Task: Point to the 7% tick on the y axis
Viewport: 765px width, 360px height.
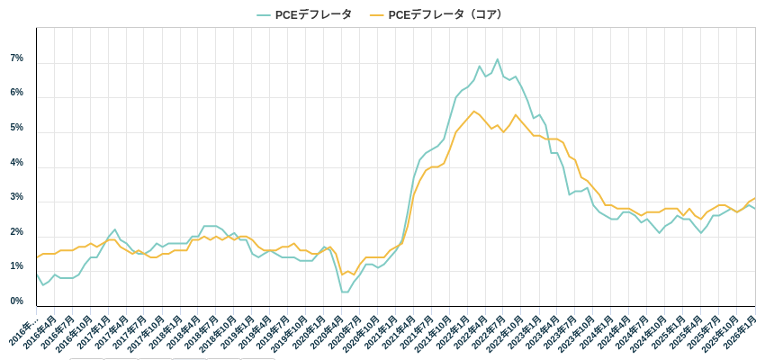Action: [x=16, y=58]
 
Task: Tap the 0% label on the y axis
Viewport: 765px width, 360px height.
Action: [x=16, y=301]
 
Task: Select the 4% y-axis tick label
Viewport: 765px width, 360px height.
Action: [x=16, y=163]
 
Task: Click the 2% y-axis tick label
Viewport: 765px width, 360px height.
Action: [x=16, y=232]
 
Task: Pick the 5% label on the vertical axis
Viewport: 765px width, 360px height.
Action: [x=16, y=128]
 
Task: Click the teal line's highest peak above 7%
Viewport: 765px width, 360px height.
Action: [x=497, y=59]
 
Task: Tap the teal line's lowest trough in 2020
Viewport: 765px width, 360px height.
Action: [x=344, y=292]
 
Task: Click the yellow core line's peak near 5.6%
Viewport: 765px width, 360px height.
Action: [x=473, y=112]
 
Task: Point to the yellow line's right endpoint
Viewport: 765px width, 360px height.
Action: [x=755, y=198]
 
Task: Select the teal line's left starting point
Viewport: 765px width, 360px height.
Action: [x=37, y=274]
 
